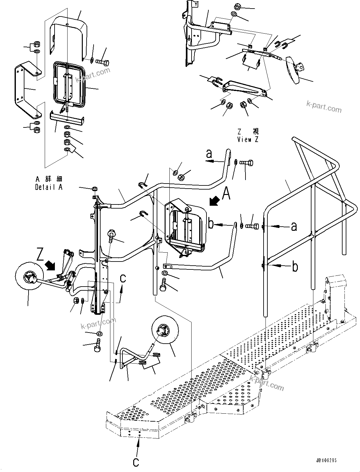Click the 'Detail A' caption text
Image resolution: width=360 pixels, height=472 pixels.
coord(49,187)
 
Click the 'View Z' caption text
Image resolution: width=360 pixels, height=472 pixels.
coord(248,139)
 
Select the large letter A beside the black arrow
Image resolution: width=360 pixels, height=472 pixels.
coord(226,194)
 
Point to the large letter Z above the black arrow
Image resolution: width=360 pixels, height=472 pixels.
coord(40,255)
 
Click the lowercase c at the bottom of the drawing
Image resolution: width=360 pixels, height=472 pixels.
coord(136,462)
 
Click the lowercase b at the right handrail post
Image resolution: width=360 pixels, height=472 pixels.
coord(295,267)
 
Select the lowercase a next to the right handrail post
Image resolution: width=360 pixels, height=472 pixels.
coord(294,226)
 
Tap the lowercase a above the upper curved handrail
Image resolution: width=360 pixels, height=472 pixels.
coord(209,154)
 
